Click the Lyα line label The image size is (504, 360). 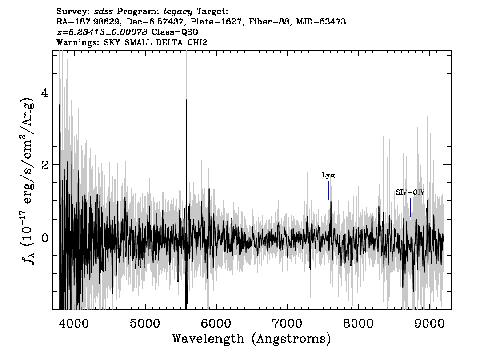328,176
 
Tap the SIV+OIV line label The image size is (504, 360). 410,192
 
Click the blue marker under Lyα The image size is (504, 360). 329,190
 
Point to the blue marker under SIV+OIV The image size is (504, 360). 411,207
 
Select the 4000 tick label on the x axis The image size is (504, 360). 74,323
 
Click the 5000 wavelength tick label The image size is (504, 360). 145,323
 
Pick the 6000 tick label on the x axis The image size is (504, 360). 216,323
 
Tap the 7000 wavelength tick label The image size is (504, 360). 287,323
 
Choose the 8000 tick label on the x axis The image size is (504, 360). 358,323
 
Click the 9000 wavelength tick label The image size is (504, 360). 429,323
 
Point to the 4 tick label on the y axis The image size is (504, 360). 45,92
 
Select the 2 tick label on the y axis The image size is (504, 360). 45,165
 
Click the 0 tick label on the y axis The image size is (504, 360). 45,237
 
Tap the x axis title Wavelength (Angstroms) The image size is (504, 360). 252,339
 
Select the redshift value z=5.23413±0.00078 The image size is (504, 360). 102,32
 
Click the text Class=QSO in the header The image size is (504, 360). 175,32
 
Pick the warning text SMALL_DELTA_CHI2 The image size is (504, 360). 166,42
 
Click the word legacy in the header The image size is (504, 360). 178,12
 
